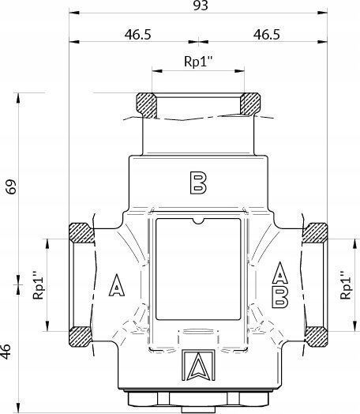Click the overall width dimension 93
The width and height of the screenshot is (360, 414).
click(x=201, y=6)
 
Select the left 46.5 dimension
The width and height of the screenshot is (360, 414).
click(x=138, y=35)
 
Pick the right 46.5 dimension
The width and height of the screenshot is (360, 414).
click(x=267, y=35)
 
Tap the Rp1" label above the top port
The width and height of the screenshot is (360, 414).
click(x=198, y=62)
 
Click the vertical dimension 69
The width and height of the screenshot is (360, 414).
click(x=11, y=186)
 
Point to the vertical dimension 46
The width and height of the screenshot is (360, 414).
click(x=6, y=352)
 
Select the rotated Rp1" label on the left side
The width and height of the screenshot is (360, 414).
click(x=38, y=285)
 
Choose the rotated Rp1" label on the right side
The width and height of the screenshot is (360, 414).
click(x=346, y=285)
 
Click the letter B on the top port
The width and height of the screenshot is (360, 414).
click(x=198, y=183)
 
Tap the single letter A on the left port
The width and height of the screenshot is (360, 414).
click(x=117, y=285)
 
